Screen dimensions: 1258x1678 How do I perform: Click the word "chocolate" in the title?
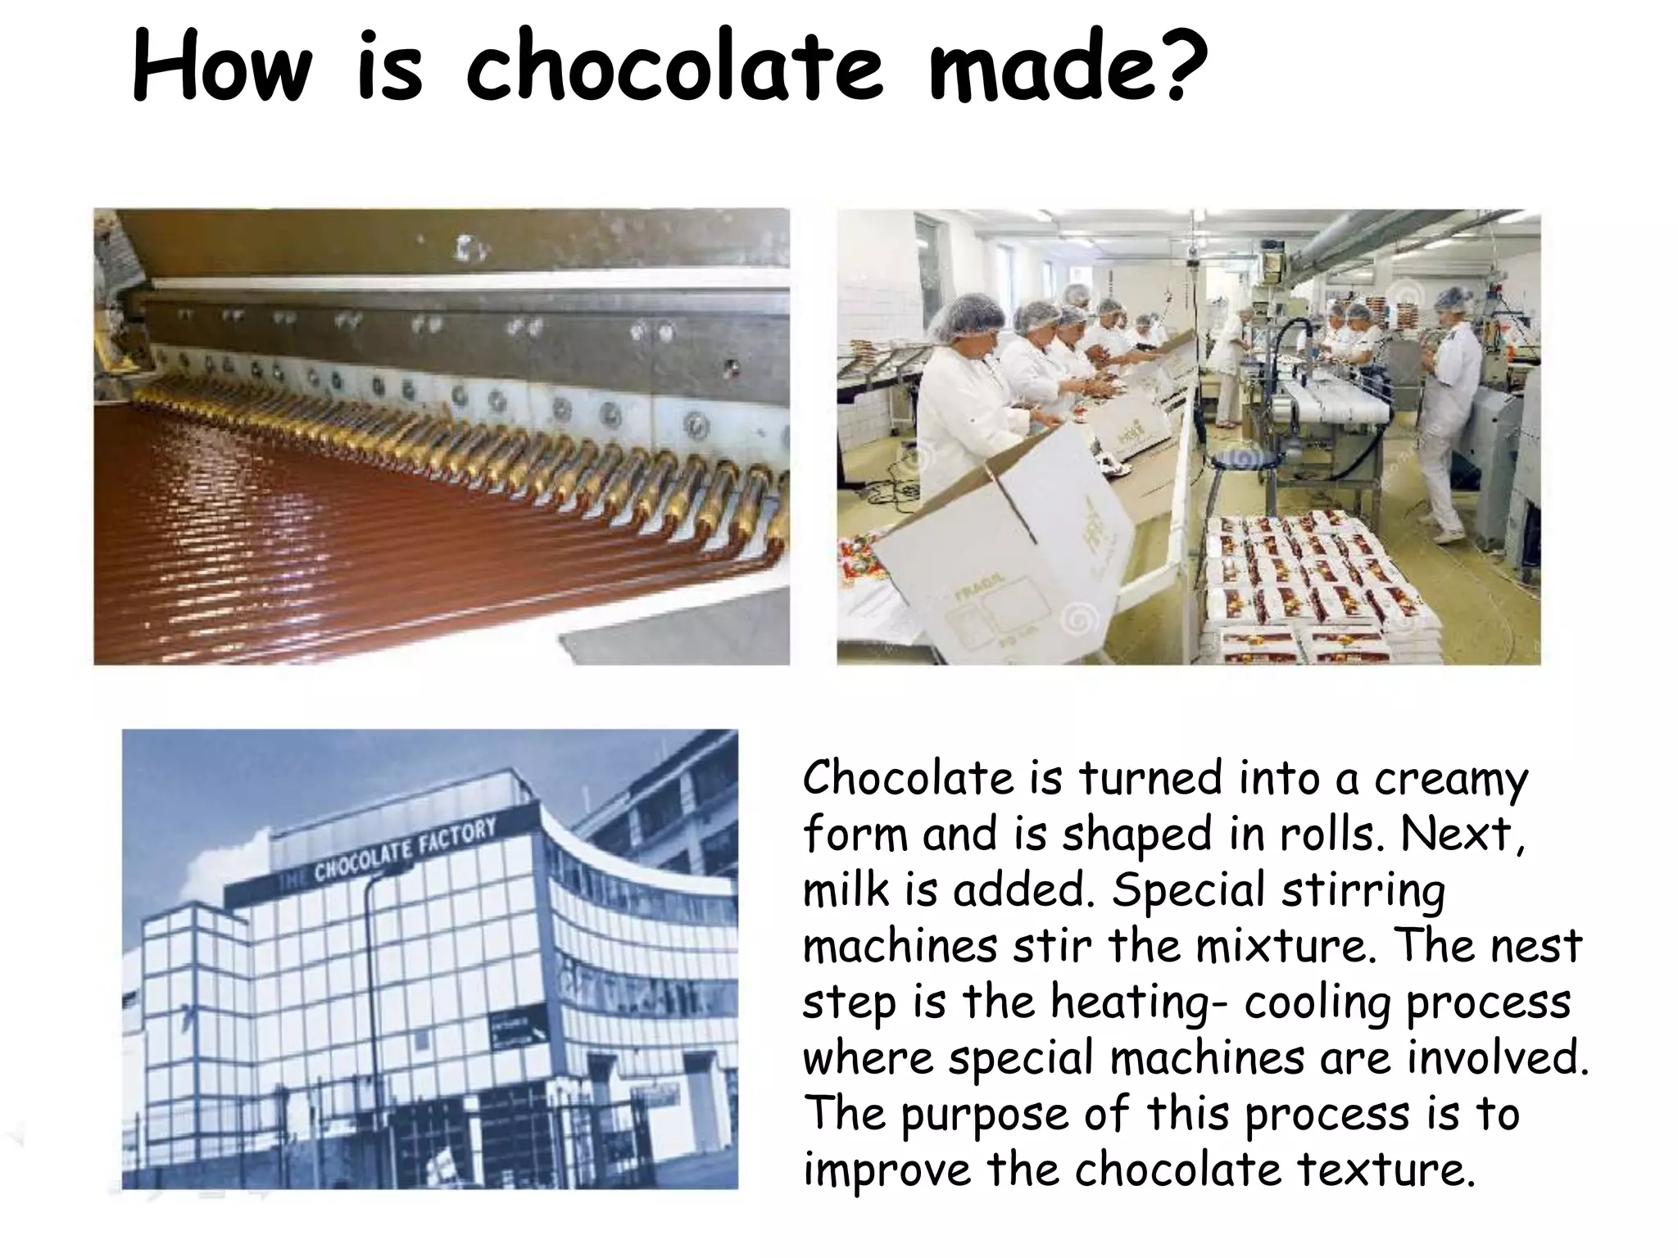click(x=673, y=66)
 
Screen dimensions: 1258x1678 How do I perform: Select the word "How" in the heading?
click(x=221, y=66)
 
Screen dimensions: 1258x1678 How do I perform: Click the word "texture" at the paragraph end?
click(x=1384, y=1169)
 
